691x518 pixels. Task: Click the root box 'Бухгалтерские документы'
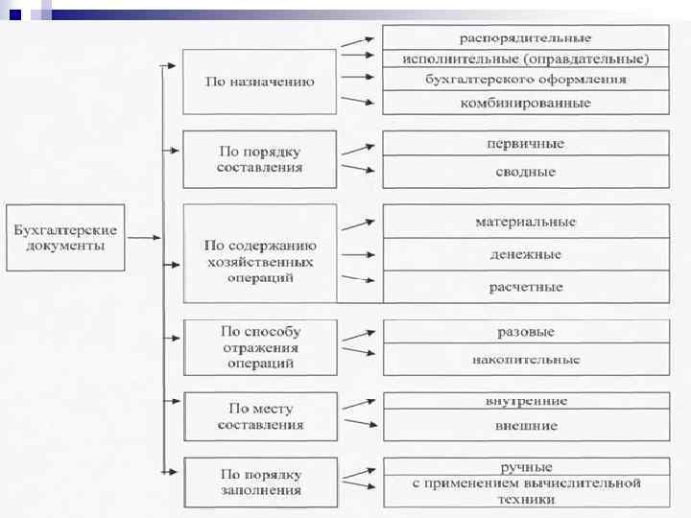coord(65,238)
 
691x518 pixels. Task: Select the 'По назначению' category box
coord(259,82)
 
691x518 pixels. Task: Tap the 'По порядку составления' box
coord(259,159)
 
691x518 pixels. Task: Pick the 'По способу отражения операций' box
coord(259,347)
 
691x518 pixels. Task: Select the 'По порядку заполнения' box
coord(259,483)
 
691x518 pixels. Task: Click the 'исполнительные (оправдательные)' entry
coord(525,59)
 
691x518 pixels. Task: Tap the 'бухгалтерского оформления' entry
coord(525,80)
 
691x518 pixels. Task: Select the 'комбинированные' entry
coord(525,103)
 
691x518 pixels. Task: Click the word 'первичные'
coord(525,144)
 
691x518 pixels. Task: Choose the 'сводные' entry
coord(525,173)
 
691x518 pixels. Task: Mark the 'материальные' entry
coord(525,222)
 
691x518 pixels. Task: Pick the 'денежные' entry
coord(525,255)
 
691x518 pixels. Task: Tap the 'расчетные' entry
coord(525,287)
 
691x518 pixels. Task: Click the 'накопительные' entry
coord(525,361)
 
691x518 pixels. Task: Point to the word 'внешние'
coord(525,425)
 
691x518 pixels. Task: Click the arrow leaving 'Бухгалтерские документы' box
coord(144,237)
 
